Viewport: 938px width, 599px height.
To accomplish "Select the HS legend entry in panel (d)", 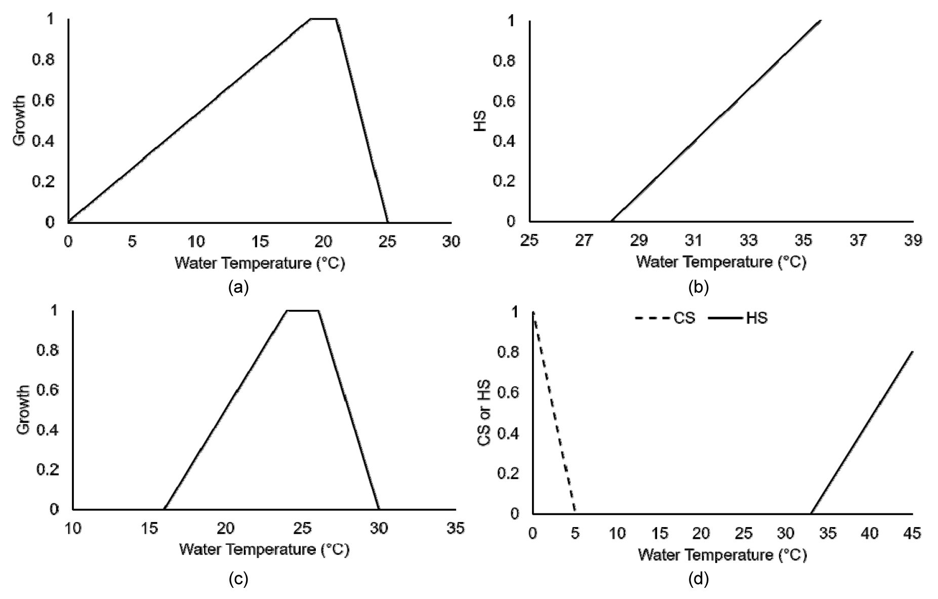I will click(738, 318).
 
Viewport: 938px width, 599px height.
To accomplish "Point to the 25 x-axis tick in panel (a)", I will click(387, 241).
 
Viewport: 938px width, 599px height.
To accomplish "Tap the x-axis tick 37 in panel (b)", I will click(858, 240).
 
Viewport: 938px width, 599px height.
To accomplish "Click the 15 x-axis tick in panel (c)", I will click(149, 528).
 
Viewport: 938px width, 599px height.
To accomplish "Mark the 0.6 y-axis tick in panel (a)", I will click(43, 101).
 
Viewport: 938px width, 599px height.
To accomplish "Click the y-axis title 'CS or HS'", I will click(485, 413).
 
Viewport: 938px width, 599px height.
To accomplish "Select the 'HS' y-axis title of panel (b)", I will click(480, 122).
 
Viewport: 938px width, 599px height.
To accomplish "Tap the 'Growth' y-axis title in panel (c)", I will click(23, 410).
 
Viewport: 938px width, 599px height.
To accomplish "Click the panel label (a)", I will click(238, 287).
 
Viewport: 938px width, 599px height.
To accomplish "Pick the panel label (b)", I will click(699, 287).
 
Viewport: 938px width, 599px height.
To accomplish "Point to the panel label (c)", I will click(238, 579).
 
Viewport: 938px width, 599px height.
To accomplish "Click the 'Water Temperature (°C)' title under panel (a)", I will click(260, 263).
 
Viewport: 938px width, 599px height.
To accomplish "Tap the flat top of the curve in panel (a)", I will click(323, 19).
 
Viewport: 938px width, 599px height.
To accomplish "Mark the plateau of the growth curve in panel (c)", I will click(303, 310).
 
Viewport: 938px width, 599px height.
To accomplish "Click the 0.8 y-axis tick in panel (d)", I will click(508, 352).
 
